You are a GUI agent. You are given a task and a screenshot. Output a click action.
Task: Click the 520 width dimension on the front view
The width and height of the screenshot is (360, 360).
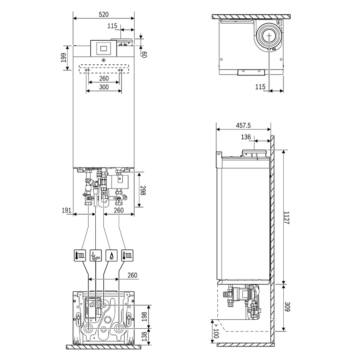click(103, 14)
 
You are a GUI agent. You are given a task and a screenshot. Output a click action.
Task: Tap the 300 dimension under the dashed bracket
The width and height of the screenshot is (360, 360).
click(103, 87)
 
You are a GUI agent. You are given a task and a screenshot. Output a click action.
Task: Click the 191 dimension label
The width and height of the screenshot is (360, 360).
click(66, 210)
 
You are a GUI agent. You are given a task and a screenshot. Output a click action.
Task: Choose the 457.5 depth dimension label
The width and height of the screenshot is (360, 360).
click(243, 125)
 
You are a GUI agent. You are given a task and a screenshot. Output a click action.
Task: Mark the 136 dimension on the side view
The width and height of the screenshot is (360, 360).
click(246, 137)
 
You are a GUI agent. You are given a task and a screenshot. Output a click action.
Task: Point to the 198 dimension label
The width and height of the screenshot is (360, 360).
click(144, 316)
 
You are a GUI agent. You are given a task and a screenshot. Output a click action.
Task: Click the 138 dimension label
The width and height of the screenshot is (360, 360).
click(144, 337)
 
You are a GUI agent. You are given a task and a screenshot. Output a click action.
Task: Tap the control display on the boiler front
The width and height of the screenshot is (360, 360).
click(103, 47)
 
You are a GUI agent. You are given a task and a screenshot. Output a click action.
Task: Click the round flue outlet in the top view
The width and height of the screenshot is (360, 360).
click(269, 36)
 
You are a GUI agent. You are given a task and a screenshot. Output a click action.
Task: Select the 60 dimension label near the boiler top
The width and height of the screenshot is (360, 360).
click(144, 54)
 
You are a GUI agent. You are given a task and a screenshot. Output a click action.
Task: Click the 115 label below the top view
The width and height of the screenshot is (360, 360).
click(260, 87)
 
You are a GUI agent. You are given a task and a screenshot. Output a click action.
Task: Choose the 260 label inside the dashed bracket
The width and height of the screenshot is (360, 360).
click(103, 78)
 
